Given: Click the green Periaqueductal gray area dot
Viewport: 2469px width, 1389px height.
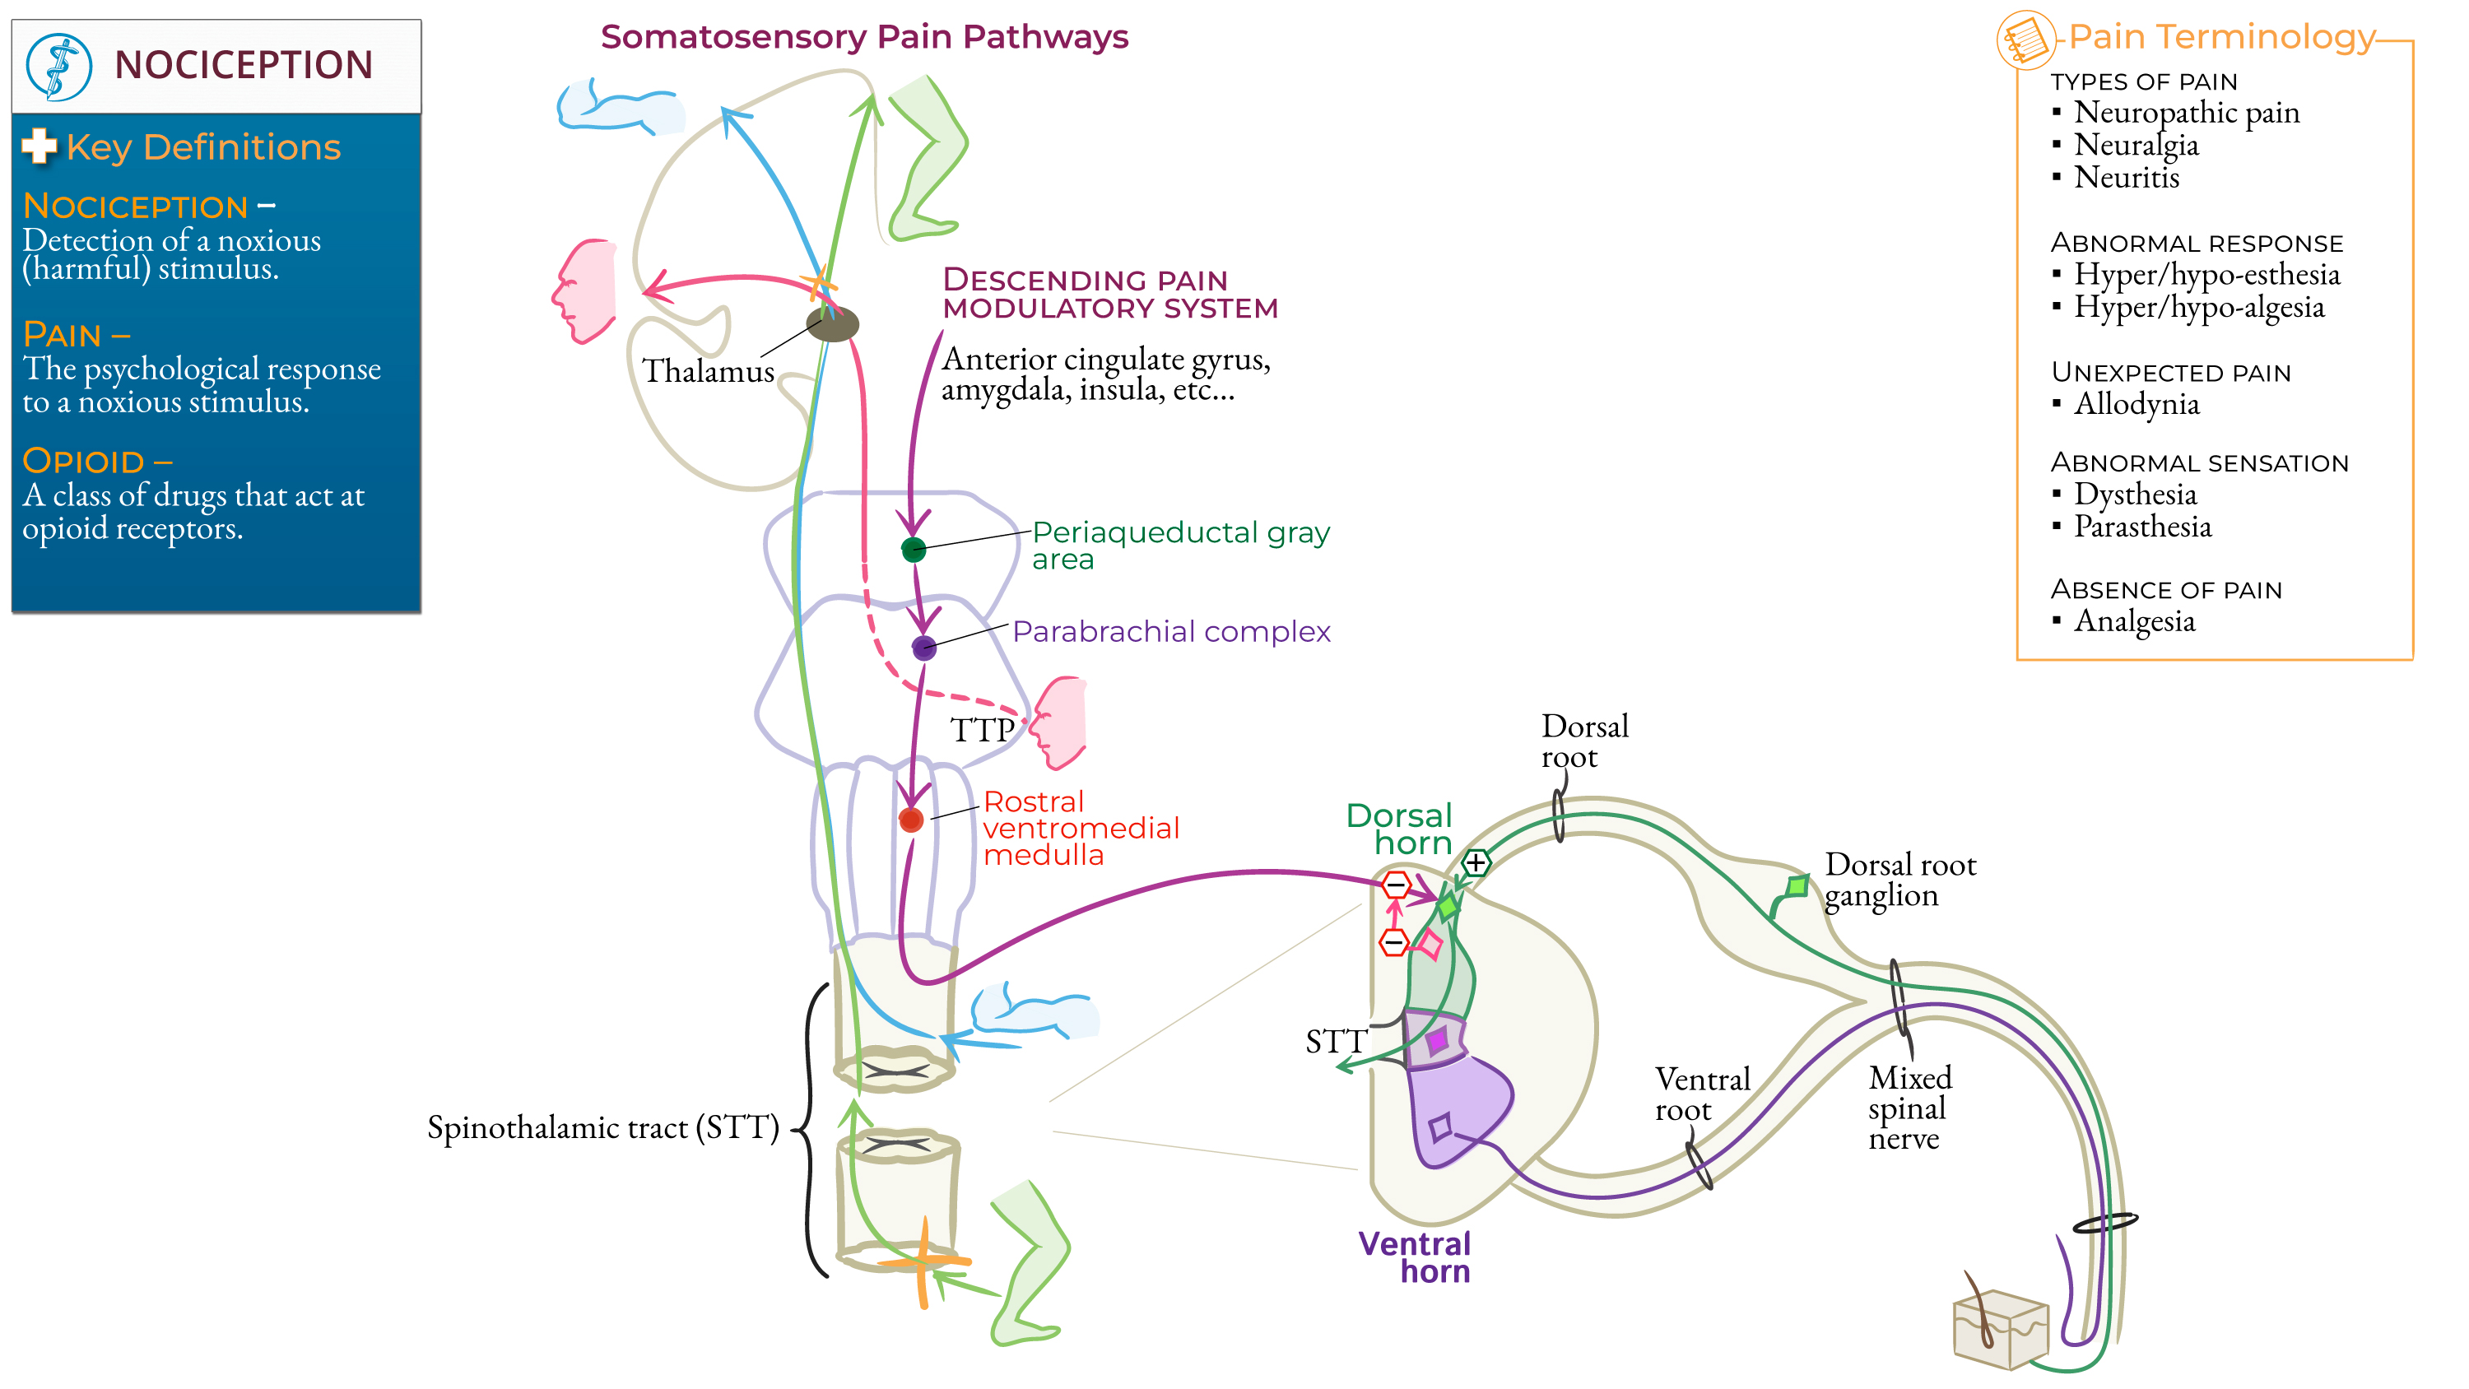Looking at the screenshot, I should point(914,550).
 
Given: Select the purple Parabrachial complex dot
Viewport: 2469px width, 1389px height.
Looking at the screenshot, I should point(924,648).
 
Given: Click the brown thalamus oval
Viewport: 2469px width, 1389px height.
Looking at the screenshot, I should point(832,324).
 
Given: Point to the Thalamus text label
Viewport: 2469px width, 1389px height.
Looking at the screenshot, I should point(707,371).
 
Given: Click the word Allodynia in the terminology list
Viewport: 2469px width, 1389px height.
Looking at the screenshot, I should point(2137,403).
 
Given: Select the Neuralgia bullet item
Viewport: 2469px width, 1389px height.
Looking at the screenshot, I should point(2136,145).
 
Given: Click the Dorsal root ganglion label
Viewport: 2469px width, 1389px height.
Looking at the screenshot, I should point(1899,879).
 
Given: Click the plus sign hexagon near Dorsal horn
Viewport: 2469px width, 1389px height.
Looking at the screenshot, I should point(1476,862).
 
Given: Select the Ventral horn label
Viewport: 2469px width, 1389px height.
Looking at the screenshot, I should point(1415,1257).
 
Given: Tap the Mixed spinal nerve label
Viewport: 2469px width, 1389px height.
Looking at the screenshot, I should point(1909,1108).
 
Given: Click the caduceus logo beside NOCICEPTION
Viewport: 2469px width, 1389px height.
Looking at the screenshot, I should point(59,66).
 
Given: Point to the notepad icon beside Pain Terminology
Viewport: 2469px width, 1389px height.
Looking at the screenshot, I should point(2025,40).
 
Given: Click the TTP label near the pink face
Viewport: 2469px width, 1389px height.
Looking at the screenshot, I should point(982,731).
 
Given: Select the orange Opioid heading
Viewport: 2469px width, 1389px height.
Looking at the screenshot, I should point(95,461).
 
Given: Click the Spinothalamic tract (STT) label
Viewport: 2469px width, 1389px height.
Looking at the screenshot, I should point(603,1127).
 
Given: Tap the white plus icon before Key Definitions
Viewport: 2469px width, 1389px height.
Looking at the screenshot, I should point(40,146).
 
